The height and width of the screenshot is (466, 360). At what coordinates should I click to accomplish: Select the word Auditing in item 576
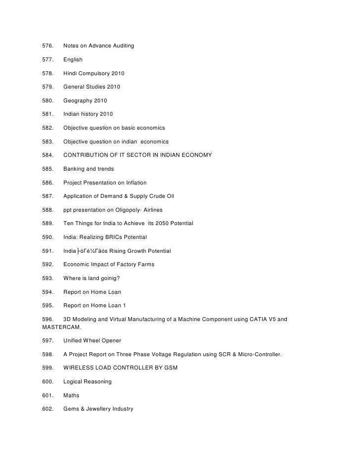pos(122,46)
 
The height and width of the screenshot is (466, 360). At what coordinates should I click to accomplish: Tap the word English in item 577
pos(73,60)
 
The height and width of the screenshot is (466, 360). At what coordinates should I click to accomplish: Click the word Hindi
pos(70,74)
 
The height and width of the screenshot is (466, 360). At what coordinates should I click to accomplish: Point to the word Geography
pos(78,101)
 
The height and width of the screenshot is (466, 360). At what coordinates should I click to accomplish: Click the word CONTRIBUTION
pos(88,155)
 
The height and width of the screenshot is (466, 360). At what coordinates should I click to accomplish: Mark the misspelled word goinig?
pos(103,278)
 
